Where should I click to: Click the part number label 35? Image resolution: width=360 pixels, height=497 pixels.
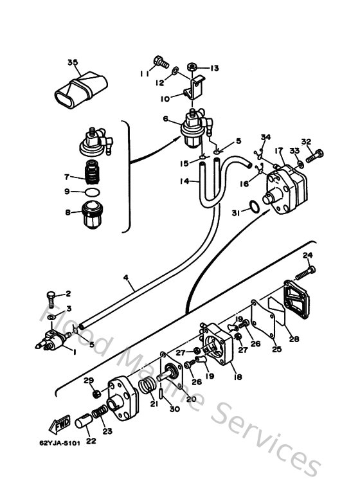73,62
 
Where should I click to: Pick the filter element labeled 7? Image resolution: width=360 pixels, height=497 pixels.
94,172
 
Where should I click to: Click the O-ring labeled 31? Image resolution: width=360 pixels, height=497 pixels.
255,206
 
